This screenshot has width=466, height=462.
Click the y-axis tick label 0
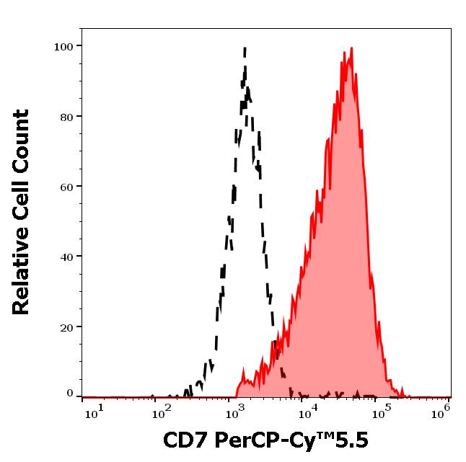pyautogui.click(x=70, y=394)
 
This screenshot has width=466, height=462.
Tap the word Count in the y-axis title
pyautogui.click(x=22, y=139)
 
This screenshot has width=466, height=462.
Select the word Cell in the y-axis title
pyautogui.click(x=22, y=204)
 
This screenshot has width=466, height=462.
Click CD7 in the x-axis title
pyautogui.click(x=185, y=440)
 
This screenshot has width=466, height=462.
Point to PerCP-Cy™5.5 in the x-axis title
pyautogui.click(x=291, y=440)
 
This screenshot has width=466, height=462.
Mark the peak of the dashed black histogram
pyautogui.click(x=245, y=48)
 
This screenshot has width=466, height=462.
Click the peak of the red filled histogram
pyautogui.click(x=351, y=48)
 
